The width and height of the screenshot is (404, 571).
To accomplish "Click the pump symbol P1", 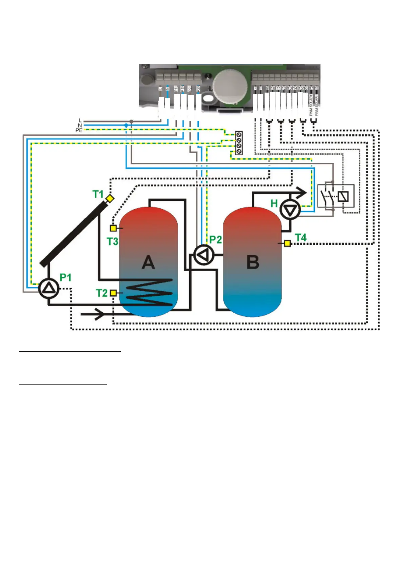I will tap(49, 288).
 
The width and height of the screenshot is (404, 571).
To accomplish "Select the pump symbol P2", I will tap(203, 255).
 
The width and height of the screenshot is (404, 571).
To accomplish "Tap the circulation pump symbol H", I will tap(290, 210).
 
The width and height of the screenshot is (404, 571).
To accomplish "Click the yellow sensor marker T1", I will tap(110, 199).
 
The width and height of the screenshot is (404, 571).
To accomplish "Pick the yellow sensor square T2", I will tap(114, 293).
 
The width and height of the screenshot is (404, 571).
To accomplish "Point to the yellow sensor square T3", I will tap(113, 228).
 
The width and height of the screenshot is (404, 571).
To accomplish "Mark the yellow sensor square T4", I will tap(287, 243).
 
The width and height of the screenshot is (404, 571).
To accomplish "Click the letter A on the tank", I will tap(148, 262).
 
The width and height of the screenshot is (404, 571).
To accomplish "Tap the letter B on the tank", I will tap(253, 262).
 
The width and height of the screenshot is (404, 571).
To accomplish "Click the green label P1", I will tap(65, 278).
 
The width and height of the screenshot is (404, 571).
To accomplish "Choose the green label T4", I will tap(301, 238).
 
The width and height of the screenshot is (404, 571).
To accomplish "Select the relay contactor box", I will tap(336, 196).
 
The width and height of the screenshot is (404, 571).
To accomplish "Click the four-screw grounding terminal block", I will tap(239, 143).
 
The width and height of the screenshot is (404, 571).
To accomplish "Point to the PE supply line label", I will tap(79, 130).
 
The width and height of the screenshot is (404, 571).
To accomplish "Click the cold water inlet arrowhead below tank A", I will tap(99, 314).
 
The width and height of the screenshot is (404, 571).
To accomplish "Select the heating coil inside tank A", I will tap(149, 292).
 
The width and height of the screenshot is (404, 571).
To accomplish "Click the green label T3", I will tap(112, 241).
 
